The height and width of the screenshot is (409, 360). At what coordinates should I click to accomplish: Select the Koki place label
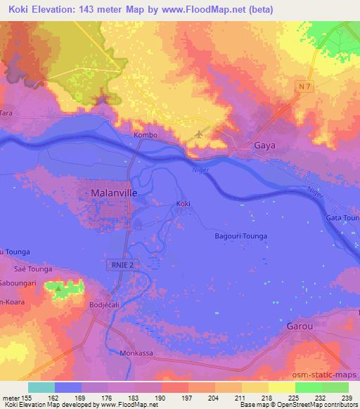click(183, 204)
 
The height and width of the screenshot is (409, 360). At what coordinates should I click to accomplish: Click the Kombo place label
click(144, 134)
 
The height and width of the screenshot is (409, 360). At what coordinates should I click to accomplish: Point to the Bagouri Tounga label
click(240, 237)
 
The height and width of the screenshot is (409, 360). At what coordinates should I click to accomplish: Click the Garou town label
click(304, 327)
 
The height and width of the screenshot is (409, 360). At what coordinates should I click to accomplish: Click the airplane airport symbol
click(200, 134)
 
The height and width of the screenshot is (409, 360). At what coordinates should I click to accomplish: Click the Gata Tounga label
click(342, 219)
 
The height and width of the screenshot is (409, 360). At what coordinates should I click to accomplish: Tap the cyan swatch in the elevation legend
click(41, 387)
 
